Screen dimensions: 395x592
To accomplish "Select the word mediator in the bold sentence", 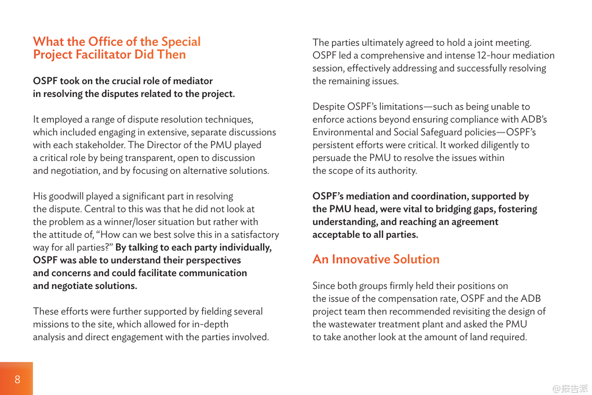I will (192, 81).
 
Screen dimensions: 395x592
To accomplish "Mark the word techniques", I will (228, 119).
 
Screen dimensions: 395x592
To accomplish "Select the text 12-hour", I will (494, 55).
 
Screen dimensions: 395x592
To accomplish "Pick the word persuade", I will (332, 158).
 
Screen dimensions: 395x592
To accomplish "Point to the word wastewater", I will (353, 324).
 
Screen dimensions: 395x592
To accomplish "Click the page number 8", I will (18, 379).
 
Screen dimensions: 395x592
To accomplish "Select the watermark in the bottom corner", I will (570, 389).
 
